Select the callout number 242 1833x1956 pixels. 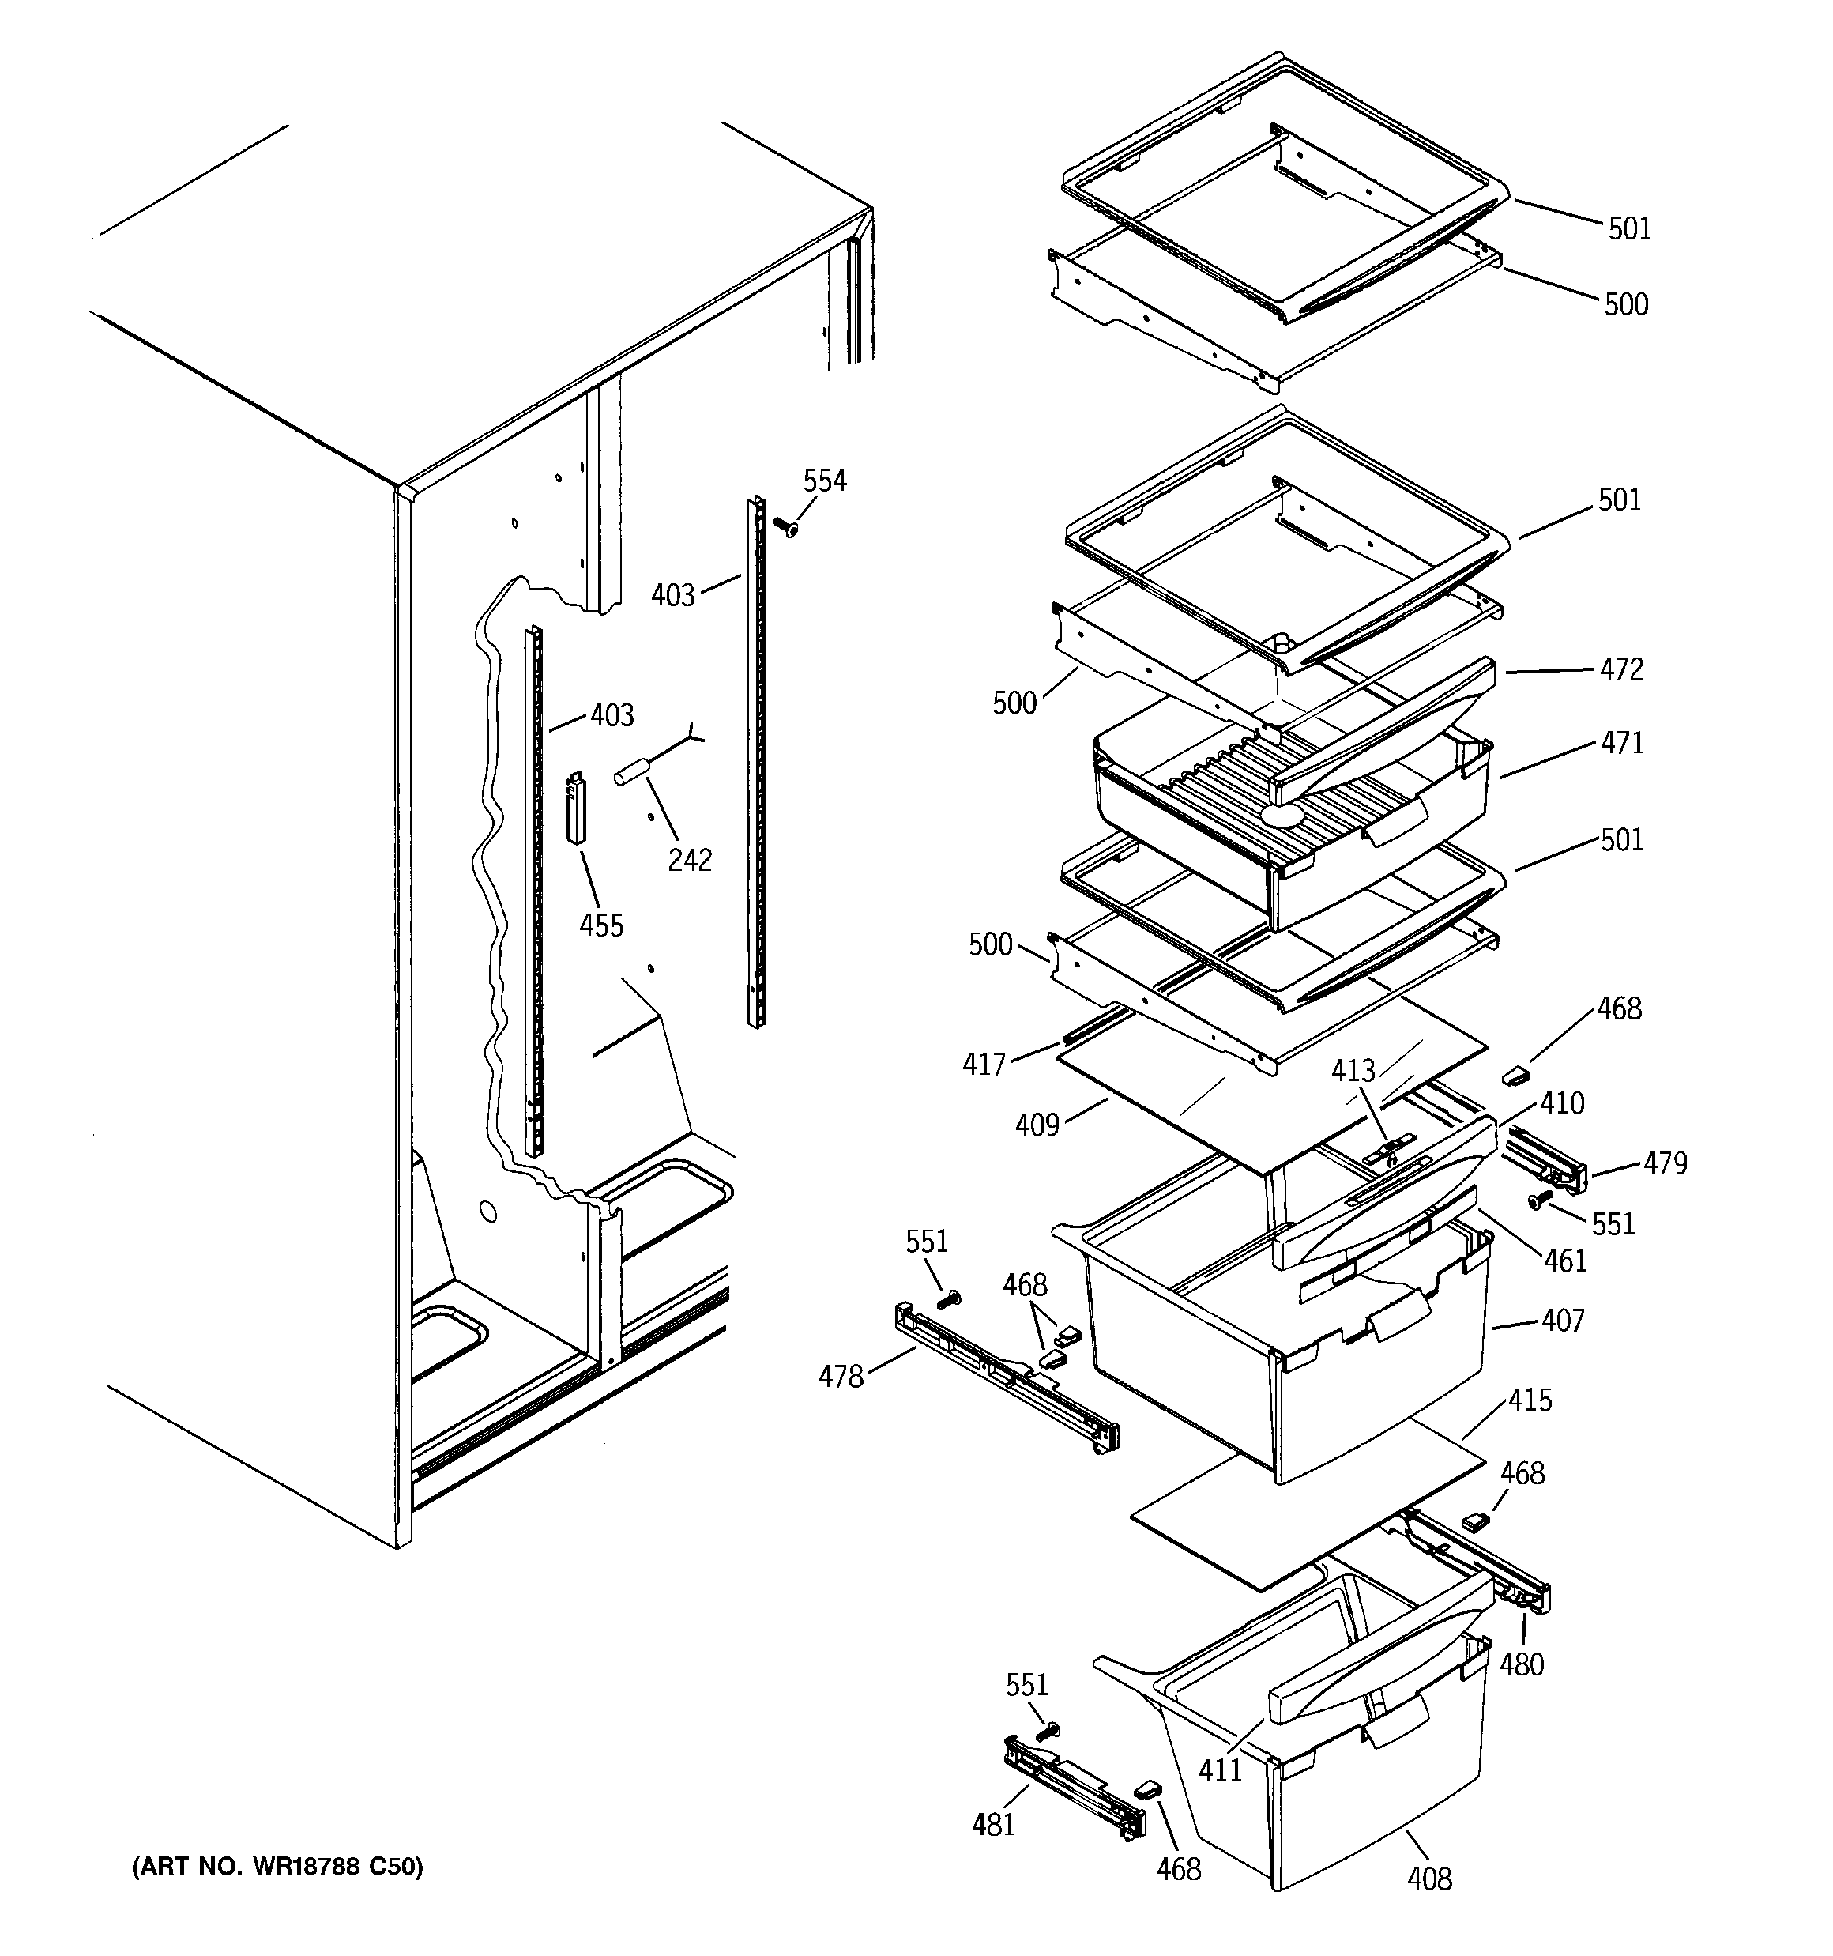(689, 860)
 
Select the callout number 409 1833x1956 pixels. (1037, 1125)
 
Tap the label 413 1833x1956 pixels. (1353, 1071)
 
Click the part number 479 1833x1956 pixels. (1665, 1163)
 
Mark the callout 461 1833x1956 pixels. (1565, 1261)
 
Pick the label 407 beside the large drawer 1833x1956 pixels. (1563, 1320)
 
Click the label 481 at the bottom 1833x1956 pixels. (993, 1824)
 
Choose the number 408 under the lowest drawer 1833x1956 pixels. (1428, 1879)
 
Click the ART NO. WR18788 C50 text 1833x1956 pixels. (277, 1867)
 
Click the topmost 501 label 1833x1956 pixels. (1629, 228)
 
